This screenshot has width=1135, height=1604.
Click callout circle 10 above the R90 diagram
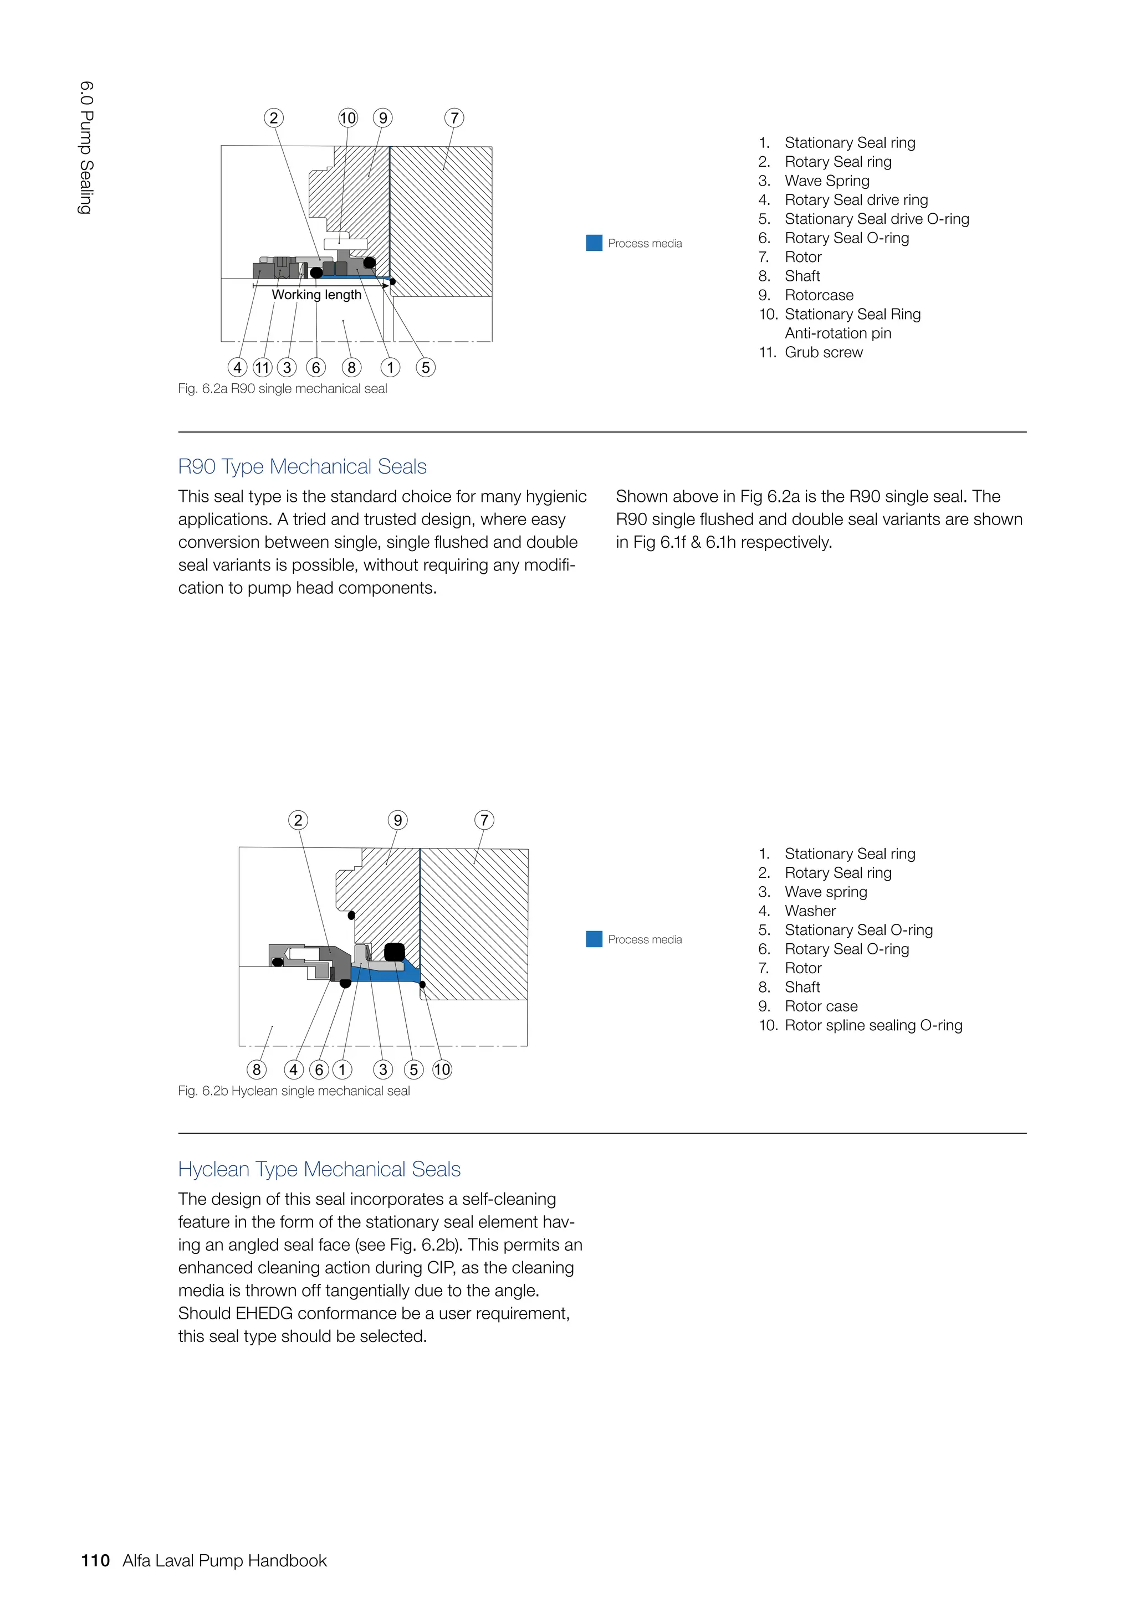click(347, 118)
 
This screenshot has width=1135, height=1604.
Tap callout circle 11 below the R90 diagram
click(262, 367)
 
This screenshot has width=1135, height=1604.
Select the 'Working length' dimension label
click(316, 295)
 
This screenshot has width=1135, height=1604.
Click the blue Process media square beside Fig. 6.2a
click(594, 243)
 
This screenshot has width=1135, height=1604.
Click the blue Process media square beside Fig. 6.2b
click(594, 939)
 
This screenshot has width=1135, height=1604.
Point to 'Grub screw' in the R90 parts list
click(824, 352)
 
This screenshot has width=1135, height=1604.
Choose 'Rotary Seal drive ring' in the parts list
click(856, 200)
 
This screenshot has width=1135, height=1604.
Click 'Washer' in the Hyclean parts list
click(810, 911)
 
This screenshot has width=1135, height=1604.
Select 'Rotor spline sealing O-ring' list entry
click(873, 1026)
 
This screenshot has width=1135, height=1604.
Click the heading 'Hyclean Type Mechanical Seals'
click(319, 1169)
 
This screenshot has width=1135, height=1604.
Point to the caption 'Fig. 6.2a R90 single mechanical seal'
click(282, 388)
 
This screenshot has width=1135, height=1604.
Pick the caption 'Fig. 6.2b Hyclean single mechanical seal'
click(294, 1091)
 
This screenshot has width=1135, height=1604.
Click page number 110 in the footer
click(96, 1561)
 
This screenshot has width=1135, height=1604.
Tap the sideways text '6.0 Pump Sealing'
click(86, 147)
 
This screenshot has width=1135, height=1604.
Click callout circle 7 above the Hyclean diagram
click(484, 820)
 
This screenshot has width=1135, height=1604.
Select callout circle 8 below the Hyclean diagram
click(257, 1070)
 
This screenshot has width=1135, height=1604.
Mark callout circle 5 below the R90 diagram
click(426, 367)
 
